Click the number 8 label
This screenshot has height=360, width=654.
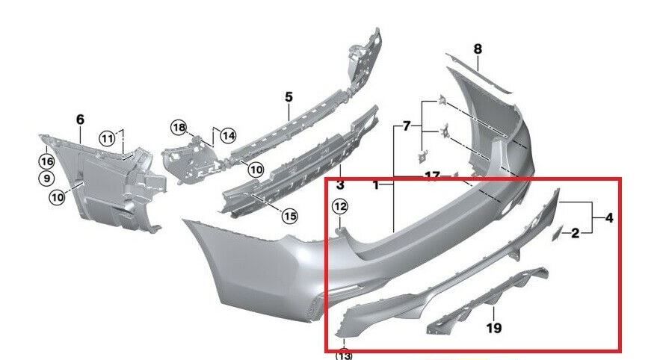tap(478, 49)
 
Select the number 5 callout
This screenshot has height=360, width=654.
tap(289, 97)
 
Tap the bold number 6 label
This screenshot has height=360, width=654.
tap(81, 119)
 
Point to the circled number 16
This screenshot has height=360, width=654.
tap(46, 161)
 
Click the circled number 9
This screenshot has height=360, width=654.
tap(46, 179)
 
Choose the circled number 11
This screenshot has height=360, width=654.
tap(108, 138)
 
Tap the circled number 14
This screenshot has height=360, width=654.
tap(227, 136)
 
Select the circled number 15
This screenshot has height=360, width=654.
tap(289, 217)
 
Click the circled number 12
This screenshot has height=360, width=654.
tap(340, 205)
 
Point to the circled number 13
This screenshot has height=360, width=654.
tap(343, 354)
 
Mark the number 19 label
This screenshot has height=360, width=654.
tap(494, 327)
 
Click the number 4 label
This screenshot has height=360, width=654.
tap(609, 219)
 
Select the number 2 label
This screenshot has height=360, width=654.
tap(575, 234)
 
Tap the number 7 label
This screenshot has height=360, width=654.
tap(407, 126)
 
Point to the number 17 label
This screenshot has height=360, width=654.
tap(432, 176)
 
